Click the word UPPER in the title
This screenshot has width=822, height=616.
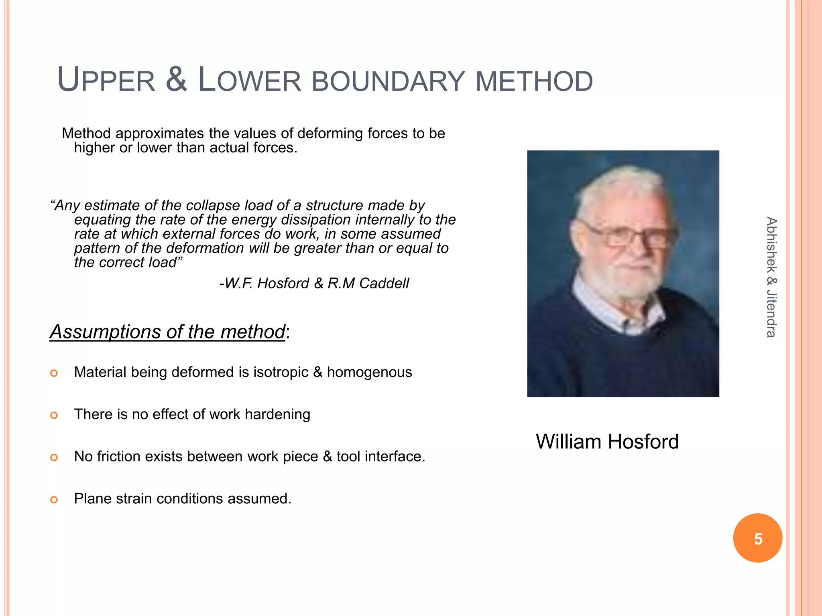point(106,80)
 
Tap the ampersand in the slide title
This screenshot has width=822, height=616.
point(176,79)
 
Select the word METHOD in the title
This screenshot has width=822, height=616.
point(534,81)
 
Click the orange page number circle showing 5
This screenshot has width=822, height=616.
point(757,538)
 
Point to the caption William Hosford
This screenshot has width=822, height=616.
point(607,442)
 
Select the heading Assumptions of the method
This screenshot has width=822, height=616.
point(167,332)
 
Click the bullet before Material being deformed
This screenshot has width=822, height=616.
point(54,373)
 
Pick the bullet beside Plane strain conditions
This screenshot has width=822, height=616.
point(54,500)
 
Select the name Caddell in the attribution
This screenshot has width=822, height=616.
point(384,284)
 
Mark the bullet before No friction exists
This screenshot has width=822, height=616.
point(54,458)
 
